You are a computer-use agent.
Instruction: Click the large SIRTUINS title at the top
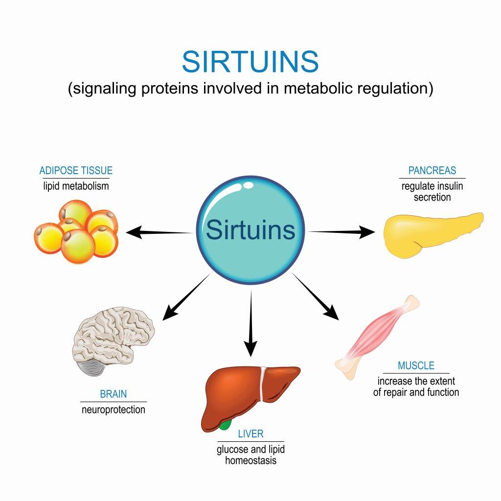pos(250,62)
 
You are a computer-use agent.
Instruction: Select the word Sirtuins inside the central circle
pos(250,230)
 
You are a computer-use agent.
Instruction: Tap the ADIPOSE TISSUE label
pos(76,171)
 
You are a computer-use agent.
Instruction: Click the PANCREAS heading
pos(432,171)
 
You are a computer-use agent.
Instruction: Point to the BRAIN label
pos(113,394)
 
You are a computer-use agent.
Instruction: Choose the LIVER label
pos(250,433)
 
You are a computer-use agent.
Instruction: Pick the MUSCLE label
pos(416,365)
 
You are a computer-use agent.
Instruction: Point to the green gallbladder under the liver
pos(224,424)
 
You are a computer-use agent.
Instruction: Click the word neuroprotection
pos(113,409)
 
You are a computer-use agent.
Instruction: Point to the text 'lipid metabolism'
pos(76,186)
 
